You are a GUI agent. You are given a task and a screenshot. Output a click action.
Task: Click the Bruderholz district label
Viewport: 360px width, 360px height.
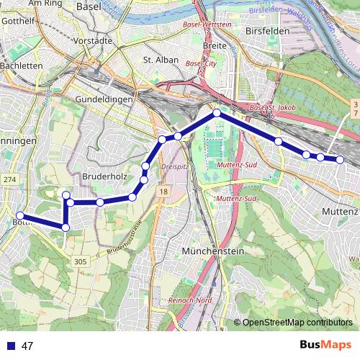click(x=105, y=175)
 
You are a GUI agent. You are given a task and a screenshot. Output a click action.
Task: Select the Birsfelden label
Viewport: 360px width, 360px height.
click(x=266, y=32)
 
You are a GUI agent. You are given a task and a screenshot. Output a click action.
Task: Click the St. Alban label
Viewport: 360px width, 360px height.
click(x=161, y=60)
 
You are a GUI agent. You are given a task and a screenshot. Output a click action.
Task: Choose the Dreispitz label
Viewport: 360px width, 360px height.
click(x=174, y=163)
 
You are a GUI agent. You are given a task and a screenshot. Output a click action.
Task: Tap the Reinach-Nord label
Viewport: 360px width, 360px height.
click(x=189, y=300)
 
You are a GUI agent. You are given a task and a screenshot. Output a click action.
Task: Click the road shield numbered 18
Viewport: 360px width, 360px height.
click(x=163, y=192)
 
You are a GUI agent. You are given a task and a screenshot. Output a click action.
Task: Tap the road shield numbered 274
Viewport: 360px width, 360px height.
click(x=9, y=179)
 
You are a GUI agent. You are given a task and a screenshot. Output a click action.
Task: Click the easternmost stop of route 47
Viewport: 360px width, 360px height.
click(x=341, y=160)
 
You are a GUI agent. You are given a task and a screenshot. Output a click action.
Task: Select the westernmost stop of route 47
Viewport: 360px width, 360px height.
click(x=21, y=216)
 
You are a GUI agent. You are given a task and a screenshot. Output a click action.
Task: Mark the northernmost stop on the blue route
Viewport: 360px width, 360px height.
click(x=216, y=113)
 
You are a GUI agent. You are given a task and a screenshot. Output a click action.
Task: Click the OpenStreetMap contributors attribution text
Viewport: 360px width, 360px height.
click(x=296, y=323)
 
